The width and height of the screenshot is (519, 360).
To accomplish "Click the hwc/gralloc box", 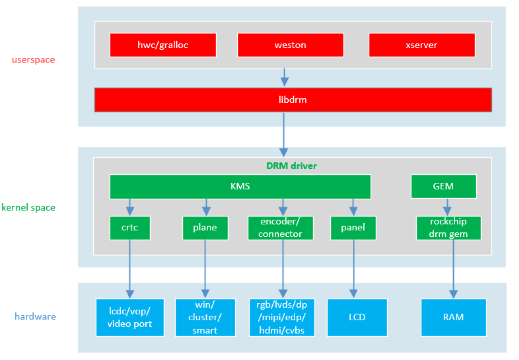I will point(163,45).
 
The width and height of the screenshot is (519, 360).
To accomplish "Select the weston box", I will point(290,45).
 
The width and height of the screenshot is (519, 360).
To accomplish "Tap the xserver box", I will point(421,45).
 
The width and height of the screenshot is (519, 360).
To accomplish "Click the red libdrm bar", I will point(293,100).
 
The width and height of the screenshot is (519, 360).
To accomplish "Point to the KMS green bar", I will point(240,187).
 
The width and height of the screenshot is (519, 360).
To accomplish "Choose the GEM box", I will point(443,187).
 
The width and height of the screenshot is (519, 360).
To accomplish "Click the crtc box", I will point(130,228).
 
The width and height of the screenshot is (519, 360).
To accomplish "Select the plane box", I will point(205,228).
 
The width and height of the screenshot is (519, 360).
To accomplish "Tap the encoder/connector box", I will point(280,228).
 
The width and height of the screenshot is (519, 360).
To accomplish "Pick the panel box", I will point(353,228).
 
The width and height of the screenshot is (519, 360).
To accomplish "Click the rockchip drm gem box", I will point(448,228).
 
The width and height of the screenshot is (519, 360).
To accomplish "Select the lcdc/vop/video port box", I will point(130,317).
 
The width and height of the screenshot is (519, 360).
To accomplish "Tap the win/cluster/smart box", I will point(205,317).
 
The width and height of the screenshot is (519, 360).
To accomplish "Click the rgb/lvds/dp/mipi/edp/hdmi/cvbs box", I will point(282,317).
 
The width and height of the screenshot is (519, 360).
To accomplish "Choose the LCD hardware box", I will point(357,317).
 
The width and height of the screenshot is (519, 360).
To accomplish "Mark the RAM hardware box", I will point(453,317).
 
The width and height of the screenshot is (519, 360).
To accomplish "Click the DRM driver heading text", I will point(291,166).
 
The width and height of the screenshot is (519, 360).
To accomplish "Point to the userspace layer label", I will point(33,60).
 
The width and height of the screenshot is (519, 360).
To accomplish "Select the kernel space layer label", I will point(28,208).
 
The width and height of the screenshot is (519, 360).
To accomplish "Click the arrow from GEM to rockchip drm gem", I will point(447,207).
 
